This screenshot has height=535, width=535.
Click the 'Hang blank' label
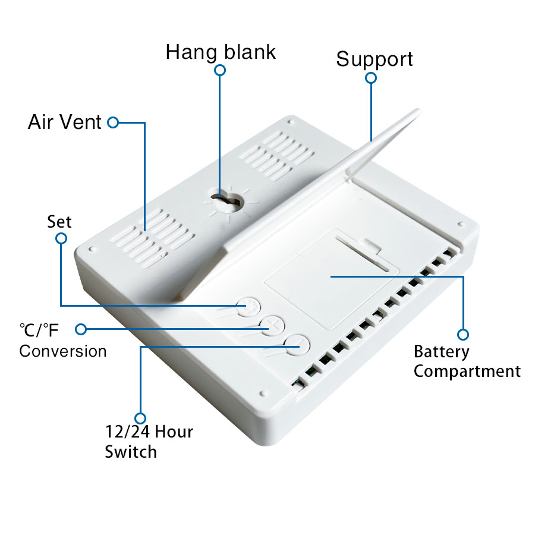(221, 52)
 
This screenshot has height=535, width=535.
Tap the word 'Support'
(374, 59)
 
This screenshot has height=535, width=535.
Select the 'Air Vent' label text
(64, 122)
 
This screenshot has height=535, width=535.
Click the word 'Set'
(59, 222)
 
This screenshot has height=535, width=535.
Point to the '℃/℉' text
(39, 330)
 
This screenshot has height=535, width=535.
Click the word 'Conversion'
(63, 351)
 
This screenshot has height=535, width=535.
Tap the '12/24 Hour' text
(149, 432)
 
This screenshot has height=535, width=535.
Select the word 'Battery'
(442, 352)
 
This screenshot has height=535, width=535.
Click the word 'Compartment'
(467, 371)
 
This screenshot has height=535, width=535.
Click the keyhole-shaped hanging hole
(226, 201)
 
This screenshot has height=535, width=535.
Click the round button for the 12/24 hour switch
(297, 345)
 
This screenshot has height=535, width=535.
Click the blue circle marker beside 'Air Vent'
(113, 122)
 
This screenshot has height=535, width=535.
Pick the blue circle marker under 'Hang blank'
(220, 70)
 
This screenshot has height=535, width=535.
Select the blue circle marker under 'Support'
(371, 78)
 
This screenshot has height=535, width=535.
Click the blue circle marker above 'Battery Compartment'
(463, 334)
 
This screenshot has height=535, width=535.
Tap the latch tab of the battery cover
(372, 245)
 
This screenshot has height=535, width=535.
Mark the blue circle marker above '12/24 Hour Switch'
(140, 418)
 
